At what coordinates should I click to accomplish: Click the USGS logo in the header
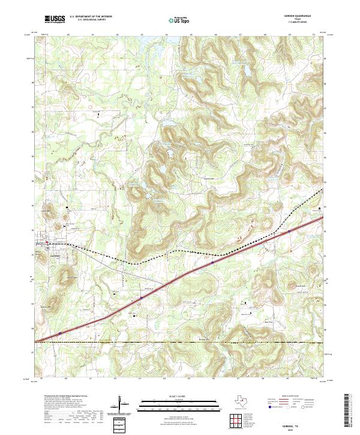pos(55,19)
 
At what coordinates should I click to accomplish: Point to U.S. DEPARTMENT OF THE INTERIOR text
pos(90,16)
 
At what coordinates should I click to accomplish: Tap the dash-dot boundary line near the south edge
pos(180,343)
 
